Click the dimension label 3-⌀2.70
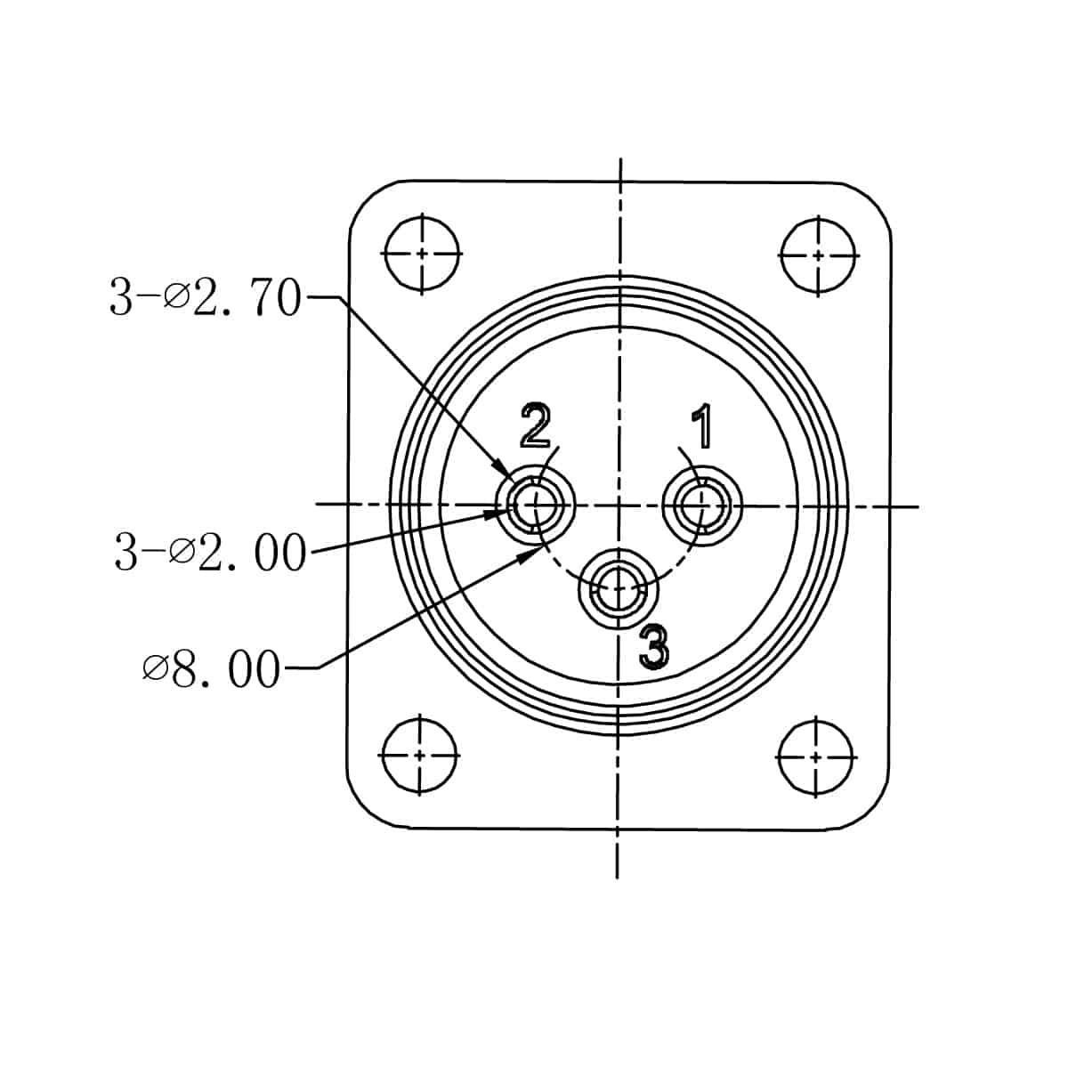pos(206,298)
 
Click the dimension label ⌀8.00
pos(211,668)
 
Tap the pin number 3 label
pos(654,646)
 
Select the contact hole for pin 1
pos(702,506)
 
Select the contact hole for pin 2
pos(537,505)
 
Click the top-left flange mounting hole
pos(422,254)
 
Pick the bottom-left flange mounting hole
pos(419,755)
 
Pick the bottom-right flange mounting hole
pos(816,756)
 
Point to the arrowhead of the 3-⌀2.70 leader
pos(506,473)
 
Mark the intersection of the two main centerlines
pos(619,506)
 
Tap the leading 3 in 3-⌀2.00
pos(126,553)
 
